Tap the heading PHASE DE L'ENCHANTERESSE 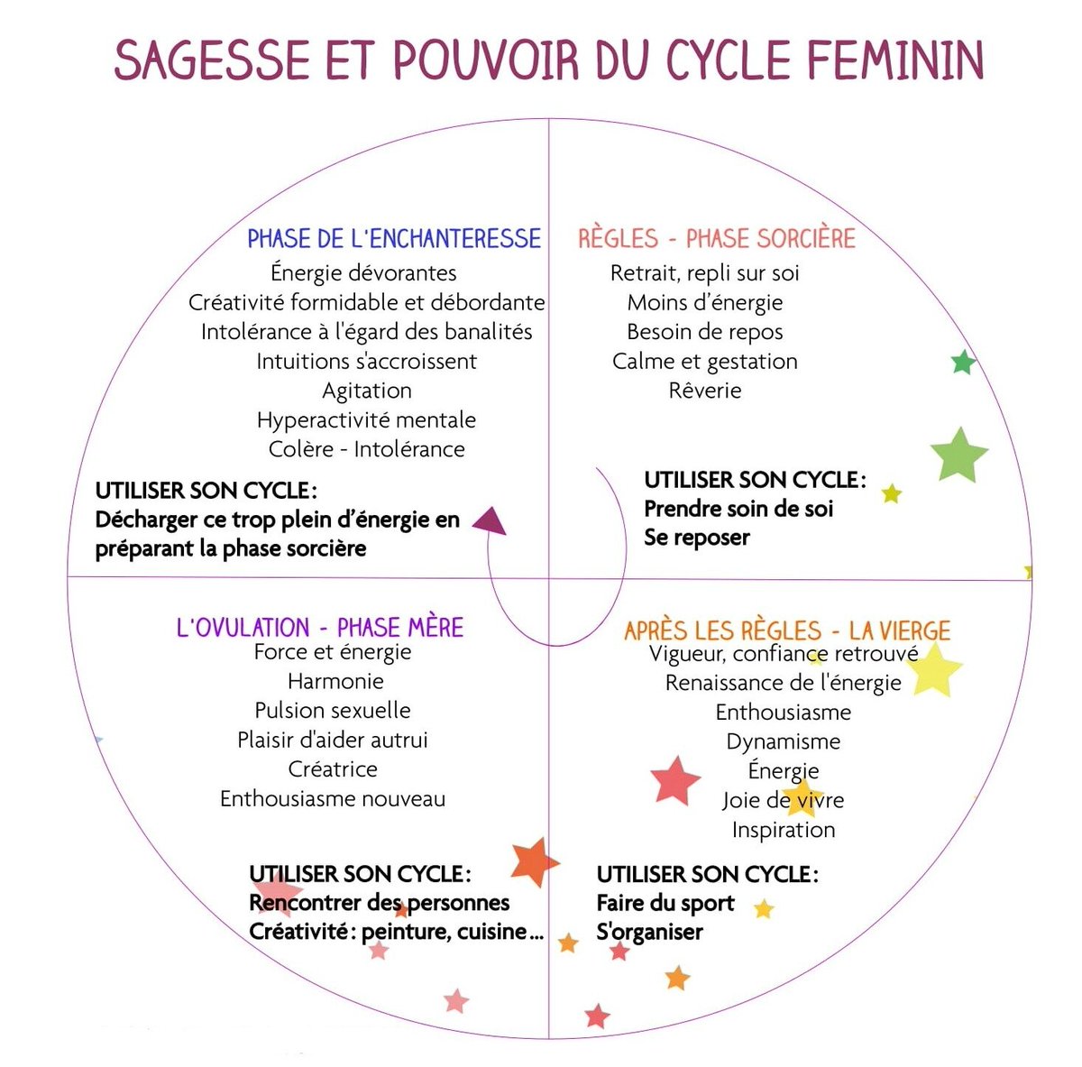pos(394,239)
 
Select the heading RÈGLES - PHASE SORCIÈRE pos(717,239)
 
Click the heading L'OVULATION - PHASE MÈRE pos(320,628)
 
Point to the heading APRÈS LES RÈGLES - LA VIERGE pos(787,630)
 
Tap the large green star pos(958,455)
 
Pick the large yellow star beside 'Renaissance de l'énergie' pos(934,670)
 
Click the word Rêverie pos(705,391)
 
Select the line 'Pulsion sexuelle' pos(333,711)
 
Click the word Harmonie pos(335,681)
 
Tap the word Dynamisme pos(784,741)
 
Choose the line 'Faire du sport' pos(665,903)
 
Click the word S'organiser pos(649,932)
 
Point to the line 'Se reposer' pos(697,538)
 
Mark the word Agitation pos(367,391)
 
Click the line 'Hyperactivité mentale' pos(366,420)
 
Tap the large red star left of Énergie pos(674,780)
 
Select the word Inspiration pos(784,830)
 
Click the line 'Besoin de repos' pos(705,332)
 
